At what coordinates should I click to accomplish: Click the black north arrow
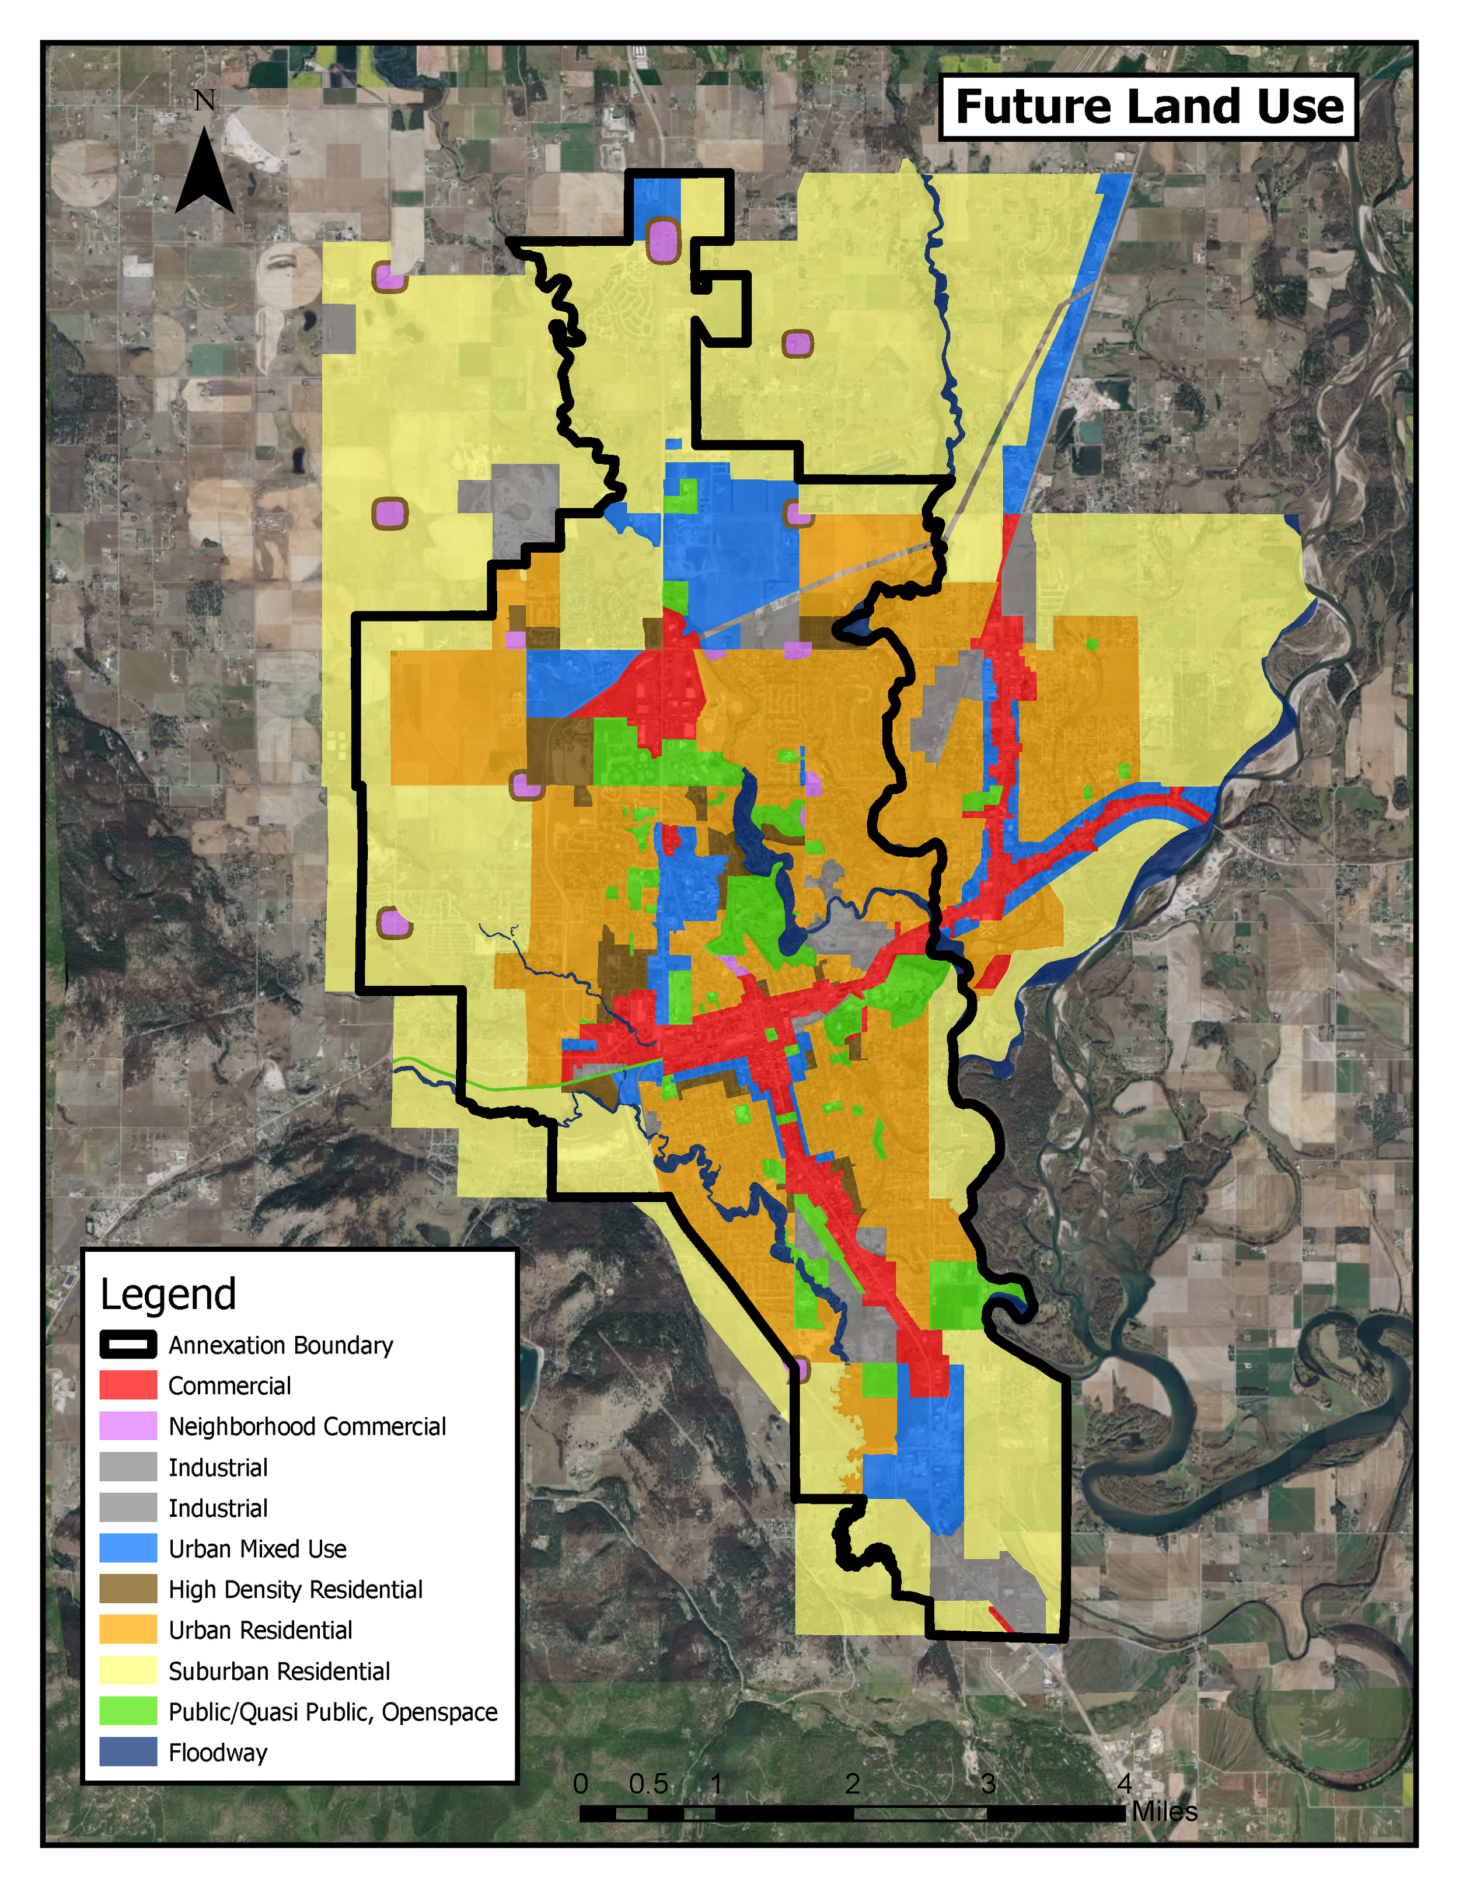click(x=205, y=173)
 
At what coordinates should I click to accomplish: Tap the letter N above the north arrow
click(x=205, y=101)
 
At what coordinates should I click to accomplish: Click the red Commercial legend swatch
click(x=128, y=1385)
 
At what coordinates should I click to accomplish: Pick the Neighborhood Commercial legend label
click(x=307, y=1426)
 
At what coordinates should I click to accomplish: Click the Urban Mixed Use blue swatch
click(x=128, y=1548)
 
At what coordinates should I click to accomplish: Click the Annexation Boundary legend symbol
click(x=128, y=1345)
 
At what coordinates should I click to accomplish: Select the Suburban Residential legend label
click(x=279, y=1671)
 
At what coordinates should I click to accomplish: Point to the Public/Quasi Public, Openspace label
click(x=333, y=1712)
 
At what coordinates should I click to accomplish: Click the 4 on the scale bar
click(x=1123, y=1782)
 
